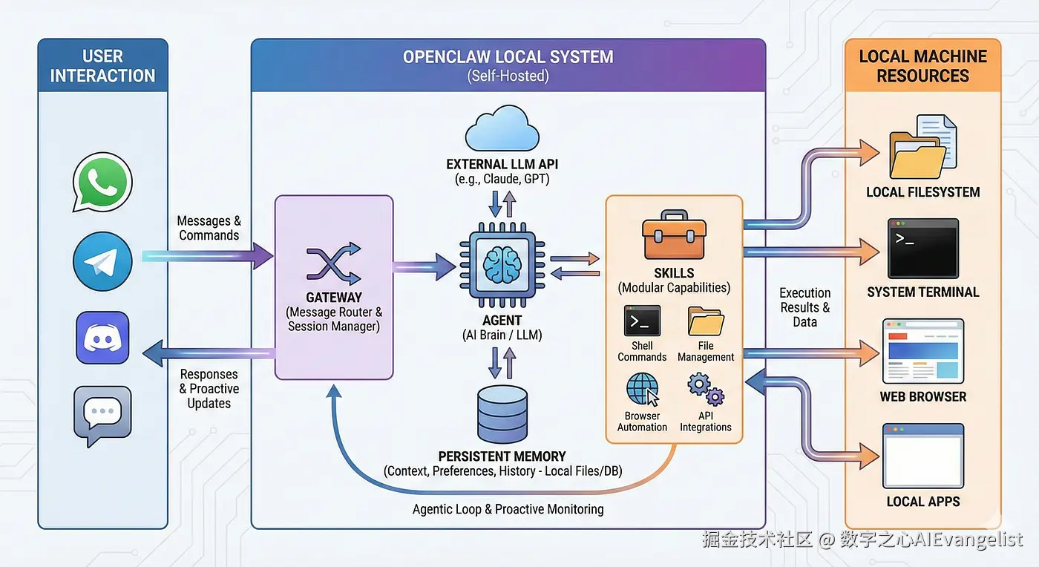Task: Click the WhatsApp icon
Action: click(x=102, y=182)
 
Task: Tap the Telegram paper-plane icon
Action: click(x=102, y=261)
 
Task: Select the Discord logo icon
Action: click(x=102, y=338)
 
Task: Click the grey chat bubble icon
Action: click(x=102, y=414)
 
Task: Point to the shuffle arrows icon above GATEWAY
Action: click(x=334, y=265)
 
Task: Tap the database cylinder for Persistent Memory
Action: click(x=502, y=414)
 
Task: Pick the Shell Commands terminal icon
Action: click(x=642, y=321)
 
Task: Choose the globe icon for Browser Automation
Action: click(x=642, y=390)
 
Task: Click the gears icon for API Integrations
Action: click(x=706, y=390)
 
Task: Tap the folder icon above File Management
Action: click(x=706, y=321)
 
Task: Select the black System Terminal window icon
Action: click(x=923, y=248)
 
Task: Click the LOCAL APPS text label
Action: click(x=923, y=502)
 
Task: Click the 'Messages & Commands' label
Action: click(x=209, y=228)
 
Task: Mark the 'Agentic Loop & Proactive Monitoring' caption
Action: click(x=508, y=509)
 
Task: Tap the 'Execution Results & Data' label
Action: click(x=804, y=307)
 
